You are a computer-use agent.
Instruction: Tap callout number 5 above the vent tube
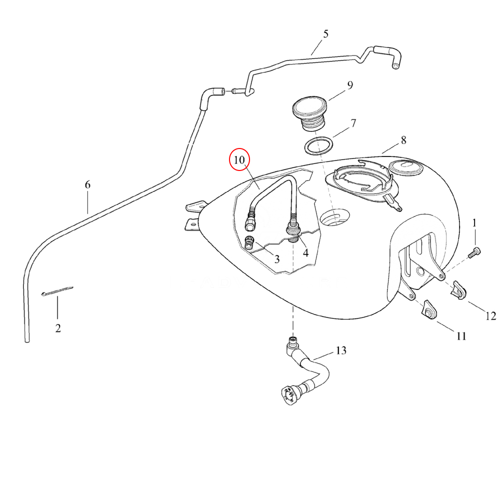point(326,34)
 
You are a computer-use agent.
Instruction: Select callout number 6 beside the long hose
point(88,185)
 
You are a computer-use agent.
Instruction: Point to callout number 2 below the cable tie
point(58,328)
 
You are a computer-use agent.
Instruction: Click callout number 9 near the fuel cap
point(350,85)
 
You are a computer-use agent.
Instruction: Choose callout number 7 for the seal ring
point(353,122)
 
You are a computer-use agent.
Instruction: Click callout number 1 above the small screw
point(475,223)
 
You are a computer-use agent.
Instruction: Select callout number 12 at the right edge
point(490,316)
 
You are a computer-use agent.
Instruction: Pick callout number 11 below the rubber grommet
point(460,336)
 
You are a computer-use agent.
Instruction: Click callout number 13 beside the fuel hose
point(340,350)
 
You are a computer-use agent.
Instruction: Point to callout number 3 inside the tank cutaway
point(276,259)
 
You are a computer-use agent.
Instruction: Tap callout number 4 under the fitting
point(305,252)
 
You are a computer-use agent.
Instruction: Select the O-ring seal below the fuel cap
point(318,146)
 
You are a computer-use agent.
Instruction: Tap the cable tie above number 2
point(57,290)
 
